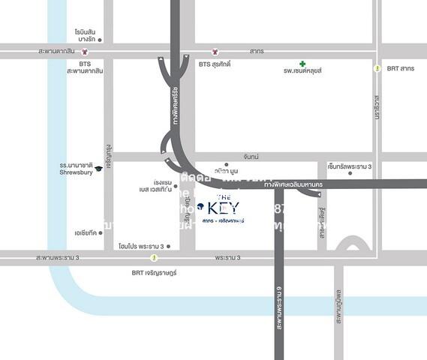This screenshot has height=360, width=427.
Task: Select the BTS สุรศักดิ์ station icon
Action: pos(215,52)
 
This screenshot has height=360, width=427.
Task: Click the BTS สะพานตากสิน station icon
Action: pos(85,52)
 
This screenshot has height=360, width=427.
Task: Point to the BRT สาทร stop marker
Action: pos(377,68)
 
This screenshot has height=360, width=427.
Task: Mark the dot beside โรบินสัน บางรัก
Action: pos(100,40)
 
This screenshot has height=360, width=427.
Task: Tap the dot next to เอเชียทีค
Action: pos(101,232)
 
